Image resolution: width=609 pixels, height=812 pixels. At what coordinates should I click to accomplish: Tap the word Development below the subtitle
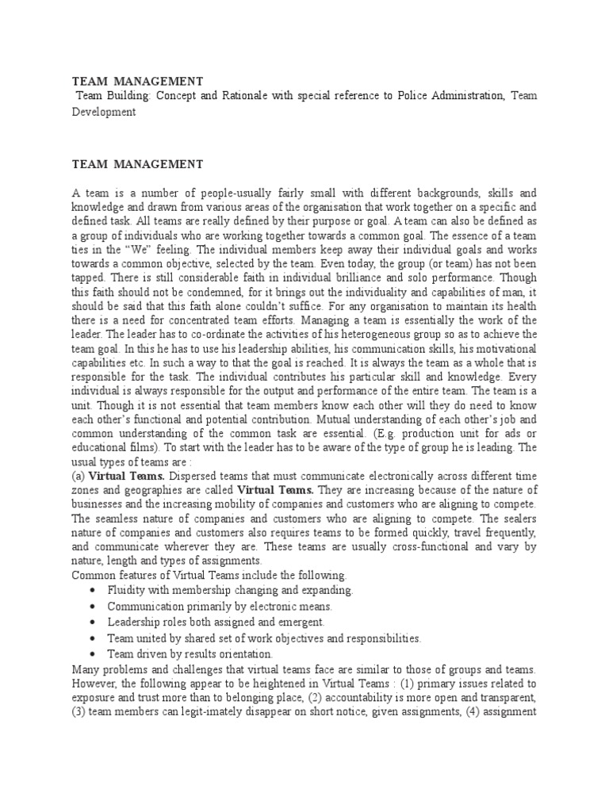tap(105, 112)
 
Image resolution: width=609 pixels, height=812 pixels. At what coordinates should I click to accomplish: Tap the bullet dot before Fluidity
tap(94, 592)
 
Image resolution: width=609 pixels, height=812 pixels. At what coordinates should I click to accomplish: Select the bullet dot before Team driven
tap(94, 654)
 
